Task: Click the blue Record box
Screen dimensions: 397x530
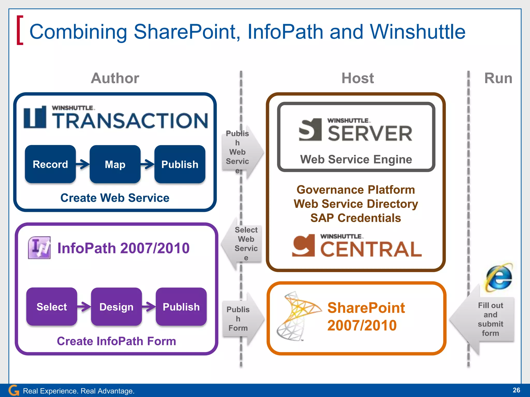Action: [50, 164]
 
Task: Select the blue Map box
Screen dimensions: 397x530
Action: [115, 164]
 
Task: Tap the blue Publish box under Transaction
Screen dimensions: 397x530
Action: [180, 164]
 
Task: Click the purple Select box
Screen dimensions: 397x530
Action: [51, 307]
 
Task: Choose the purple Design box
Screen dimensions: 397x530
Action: [116, 307]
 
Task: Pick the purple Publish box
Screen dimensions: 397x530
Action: [181, 307]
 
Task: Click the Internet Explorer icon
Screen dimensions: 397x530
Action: [499, 277]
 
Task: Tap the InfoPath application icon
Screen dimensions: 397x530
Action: [39, 248]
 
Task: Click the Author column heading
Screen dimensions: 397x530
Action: [115, 78]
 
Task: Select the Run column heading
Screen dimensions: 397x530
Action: [498, 78]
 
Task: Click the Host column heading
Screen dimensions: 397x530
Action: [358, 78]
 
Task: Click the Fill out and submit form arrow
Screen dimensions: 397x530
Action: [484, 319]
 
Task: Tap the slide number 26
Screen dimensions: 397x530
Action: [516, 390]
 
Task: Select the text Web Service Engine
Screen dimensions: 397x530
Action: [356, 159]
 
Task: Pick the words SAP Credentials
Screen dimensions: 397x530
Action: [356, 218]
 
